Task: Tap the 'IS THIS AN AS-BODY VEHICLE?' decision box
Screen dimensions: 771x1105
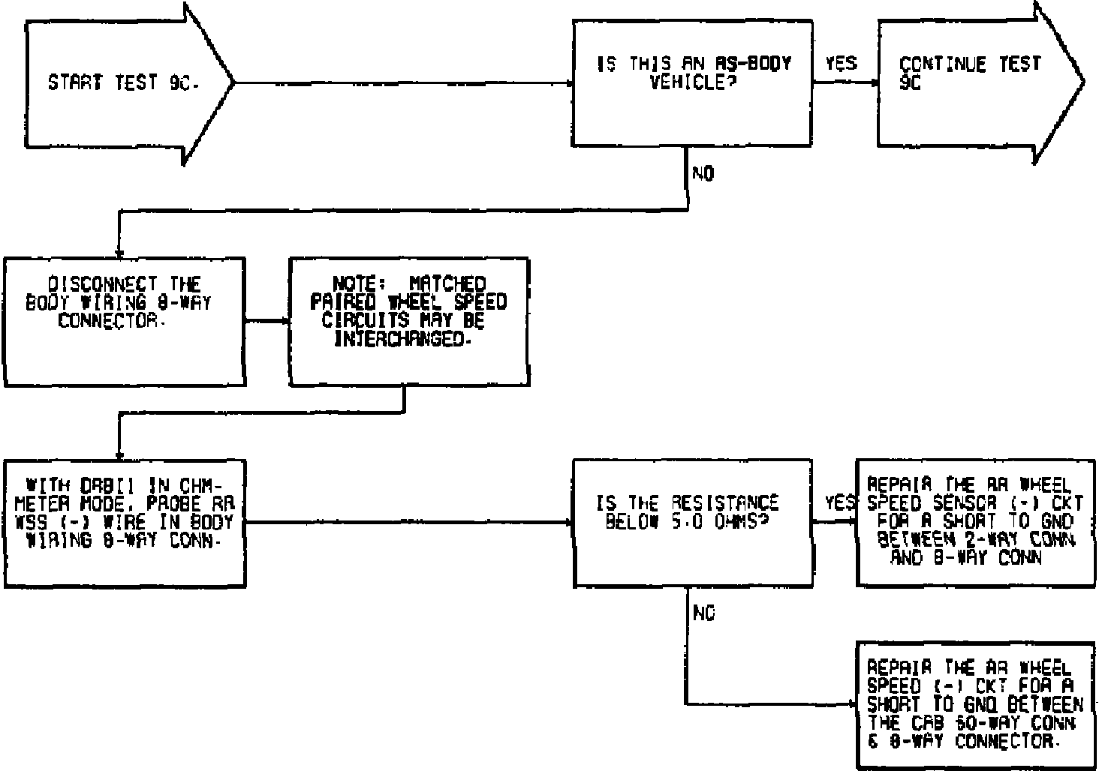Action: tap(692, 82)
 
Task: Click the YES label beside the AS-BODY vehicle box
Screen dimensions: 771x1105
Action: tap(841, 64)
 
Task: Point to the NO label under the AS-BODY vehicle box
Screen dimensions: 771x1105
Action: tap(703, 174)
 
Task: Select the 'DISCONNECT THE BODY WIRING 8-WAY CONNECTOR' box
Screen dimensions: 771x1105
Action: tap(124, 322)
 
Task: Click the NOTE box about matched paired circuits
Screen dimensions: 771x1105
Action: tap(409, 322)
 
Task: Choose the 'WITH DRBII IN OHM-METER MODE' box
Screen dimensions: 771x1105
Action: tap(124, 523)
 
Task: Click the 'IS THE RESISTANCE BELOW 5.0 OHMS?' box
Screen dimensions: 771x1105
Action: tap(692, 523)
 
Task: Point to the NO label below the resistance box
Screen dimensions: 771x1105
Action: tap(703, 613)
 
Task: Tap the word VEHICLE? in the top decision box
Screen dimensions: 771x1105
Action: tap(692, 82)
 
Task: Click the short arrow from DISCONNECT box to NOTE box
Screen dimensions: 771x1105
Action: tap(267, 322)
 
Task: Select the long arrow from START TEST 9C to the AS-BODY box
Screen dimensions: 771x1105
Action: tap(405, 82)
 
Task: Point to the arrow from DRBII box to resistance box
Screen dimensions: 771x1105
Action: tap(409, 523)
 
